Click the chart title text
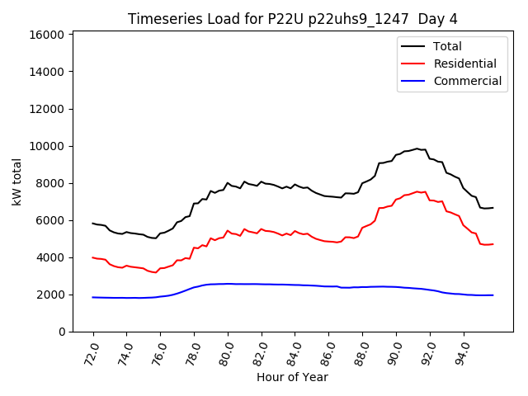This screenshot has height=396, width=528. (x=293, y=19)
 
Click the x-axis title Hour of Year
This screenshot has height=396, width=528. (x=293, y=377)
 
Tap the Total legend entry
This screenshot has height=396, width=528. (x=447, y=46)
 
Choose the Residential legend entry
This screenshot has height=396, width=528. (x=464, y=64)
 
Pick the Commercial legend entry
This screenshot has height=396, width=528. (x=467, y=81)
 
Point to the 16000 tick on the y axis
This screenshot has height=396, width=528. (x=47, y=35)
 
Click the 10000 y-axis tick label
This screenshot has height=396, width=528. (x=47, y=146)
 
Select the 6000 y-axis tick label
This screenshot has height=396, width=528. (x=50, y=220)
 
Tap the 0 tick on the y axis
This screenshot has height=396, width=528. (x=62, y=332)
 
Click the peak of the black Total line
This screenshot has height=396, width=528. (x=417, y=148)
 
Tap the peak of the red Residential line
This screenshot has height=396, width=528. (x=417, y=191)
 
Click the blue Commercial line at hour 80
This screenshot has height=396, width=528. (x=229, y=284)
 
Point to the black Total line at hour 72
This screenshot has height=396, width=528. (x=93, y=223)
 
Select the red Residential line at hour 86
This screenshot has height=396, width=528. (x=329, y=242)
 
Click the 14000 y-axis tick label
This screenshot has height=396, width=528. (x=47, y=72)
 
